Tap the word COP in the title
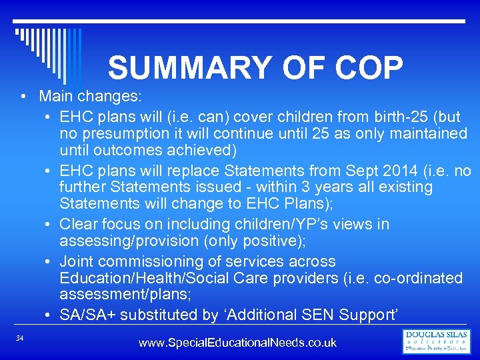(x=365, y=68)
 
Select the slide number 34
(x=20, y=339)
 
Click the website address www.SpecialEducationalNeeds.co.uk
(x=237, y=343)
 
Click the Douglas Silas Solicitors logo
(x=436, y=341)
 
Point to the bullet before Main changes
(x=23, y=96)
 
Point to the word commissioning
(x=157, y=261)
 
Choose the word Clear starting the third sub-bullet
(x=78, y=224)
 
